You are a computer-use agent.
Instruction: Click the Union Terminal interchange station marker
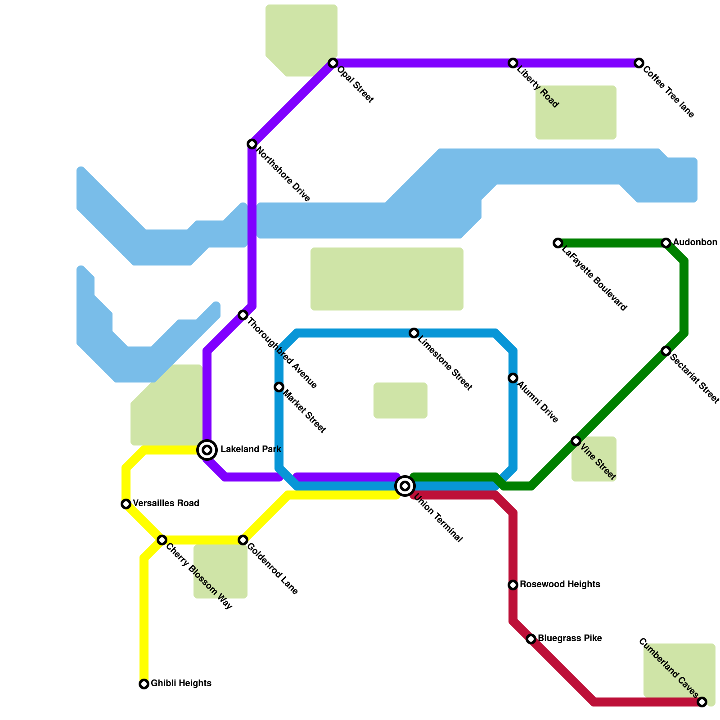pos(405,486)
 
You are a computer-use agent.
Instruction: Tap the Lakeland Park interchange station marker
pos(207,450)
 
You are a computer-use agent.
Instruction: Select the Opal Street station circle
pos(333,63)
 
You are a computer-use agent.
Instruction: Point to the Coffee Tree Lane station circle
pos(639,63)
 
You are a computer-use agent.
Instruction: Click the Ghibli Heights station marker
pos(144,684)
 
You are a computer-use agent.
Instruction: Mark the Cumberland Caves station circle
pos(702,702)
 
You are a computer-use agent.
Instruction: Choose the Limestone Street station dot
pos(414,333)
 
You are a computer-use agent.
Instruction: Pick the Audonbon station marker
pos(666,243)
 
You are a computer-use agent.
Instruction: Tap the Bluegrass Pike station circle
pos(531,639)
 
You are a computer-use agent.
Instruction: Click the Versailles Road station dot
pos(126,504)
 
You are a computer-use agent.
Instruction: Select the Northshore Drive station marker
pos(252,144)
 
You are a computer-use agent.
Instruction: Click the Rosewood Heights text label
pos(560,585)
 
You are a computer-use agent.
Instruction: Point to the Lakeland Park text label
pos(251,449)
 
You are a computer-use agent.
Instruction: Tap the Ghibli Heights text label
pos(181,684)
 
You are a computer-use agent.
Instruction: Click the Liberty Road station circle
pos(513,63)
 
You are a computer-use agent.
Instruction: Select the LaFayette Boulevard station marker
pos(558,243)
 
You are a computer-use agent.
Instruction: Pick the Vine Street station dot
pos(576,441)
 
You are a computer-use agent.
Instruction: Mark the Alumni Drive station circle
pos(513,378)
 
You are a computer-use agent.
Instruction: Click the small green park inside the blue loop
pos(400,400)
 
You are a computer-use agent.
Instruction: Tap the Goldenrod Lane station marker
pos(243,540)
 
